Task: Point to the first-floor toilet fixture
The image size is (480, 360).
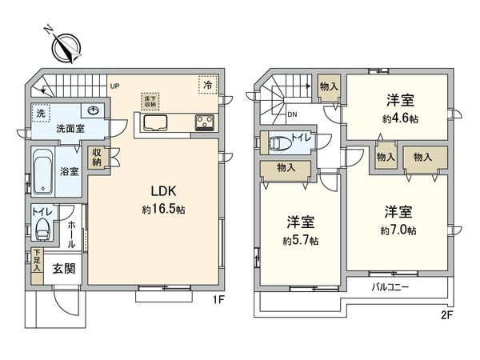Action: point(42,228)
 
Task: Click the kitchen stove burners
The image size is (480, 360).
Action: point(202,122)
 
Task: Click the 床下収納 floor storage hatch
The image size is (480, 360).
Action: point(150,100)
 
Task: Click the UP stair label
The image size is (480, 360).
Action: point(114,86)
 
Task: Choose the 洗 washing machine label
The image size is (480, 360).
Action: point(41,114)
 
